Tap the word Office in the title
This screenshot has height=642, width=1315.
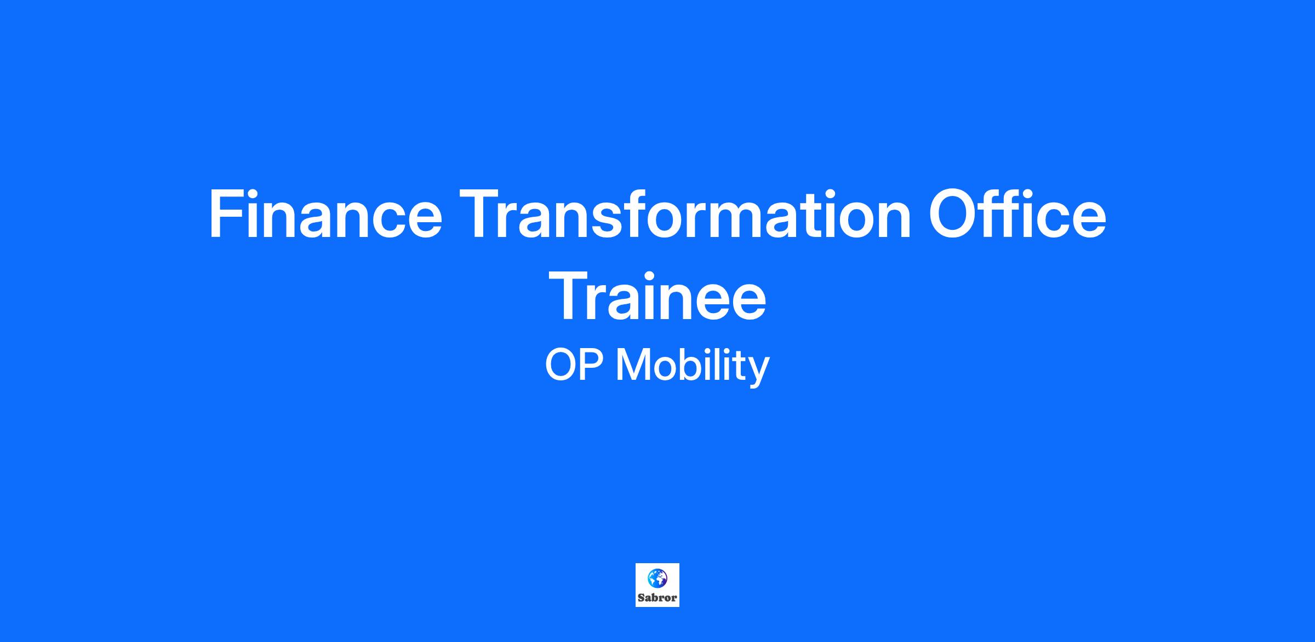(1017, 214)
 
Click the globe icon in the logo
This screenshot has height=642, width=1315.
(657, 577)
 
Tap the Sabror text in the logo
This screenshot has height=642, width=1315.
(657, 598)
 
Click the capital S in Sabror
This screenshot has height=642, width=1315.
(641, 598)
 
